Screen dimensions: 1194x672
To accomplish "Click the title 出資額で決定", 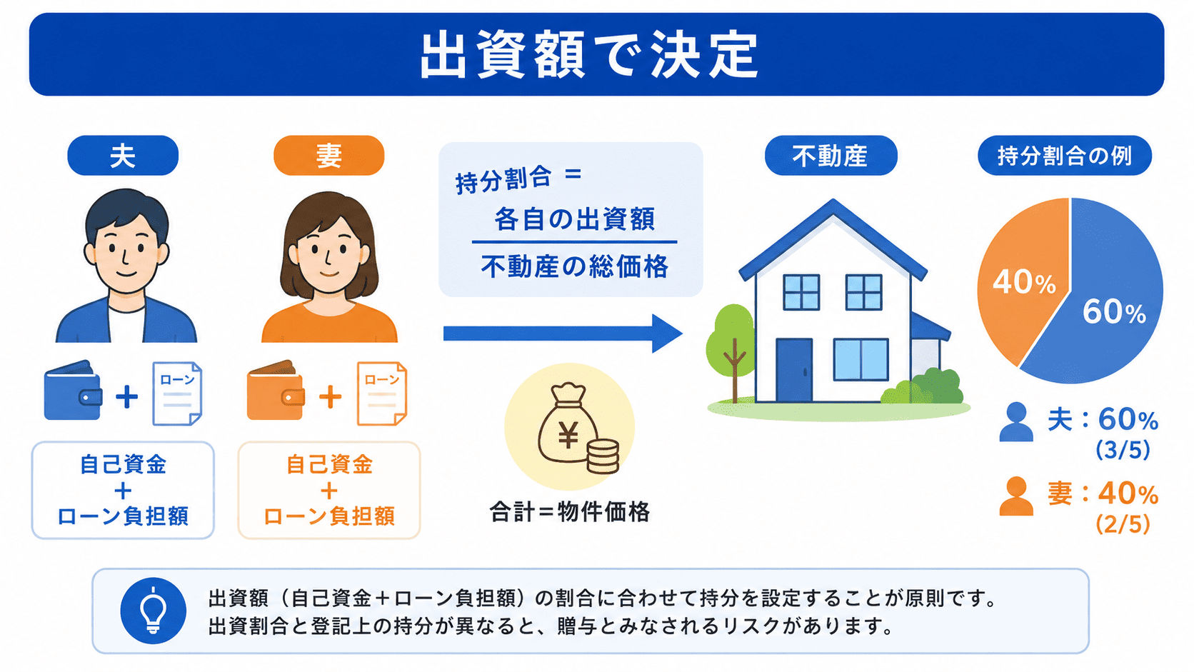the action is [589, 55].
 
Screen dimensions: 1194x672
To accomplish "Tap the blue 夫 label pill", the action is [123, 156].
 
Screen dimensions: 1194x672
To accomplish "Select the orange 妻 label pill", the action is [329, 156].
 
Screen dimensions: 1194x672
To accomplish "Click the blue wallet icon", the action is [73, 391].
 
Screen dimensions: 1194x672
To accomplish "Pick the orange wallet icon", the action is [276, 391].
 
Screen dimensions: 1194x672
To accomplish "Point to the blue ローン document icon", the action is [177, 393].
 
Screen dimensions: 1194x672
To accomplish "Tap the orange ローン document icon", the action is [381, 393].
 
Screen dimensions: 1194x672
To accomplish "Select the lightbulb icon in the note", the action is [154, 611].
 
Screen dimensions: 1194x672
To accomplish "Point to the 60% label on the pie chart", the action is [1114, 312].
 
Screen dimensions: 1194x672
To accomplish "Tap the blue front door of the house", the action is [793, 370].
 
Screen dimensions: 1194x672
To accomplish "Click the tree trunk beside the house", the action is [735, 371].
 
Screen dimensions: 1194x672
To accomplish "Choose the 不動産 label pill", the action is [831, 156].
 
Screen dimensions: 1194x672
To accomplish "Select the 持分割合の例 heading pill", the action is [1065, 156].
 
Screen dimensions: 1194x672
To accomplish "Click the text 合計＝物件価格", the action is [570, 512].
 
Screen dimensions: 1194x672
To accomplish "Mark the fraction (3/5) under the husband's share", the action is [1123, 450].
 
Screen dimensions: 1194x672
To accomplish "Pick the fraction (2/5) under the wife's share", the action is [1123, 524].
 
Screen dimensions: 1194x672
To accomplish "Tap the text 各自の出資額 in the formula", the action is [575, 219].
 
